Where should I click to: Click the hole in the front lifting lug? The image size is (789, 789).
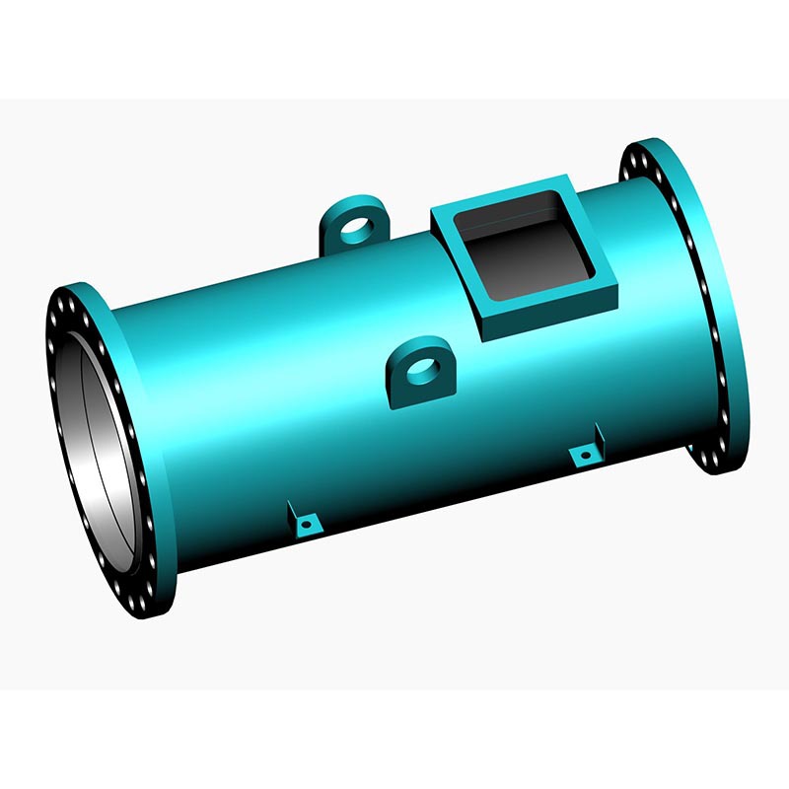pos(421,367)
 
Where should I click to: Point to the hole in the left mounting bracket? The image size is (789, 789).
pos(309,525)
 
